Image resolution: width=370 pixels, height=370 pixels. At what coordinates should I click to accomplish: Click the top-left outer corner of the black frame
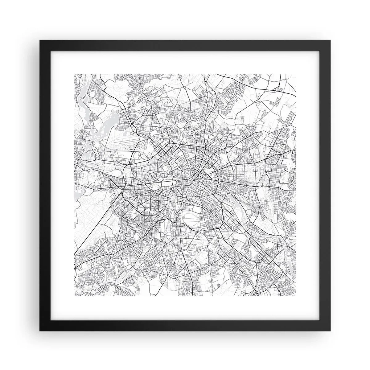[40, 40]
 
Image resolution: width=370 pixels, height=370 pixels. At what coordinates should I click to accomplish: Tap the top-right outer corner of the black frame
[330, 40]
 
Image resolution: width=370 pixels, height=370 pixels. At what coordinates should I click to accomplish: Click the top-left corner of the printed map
[74, 74]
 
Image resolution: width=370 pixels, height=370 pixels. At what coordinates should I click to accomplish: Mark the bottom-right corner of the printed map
[296, 296]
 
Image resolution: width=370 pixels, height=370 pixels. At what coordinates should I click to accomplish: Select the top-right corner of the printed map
[296, 74]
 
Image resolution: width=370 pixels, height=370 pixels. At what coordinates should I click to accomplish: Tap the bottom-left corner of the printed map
[74, 296]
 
